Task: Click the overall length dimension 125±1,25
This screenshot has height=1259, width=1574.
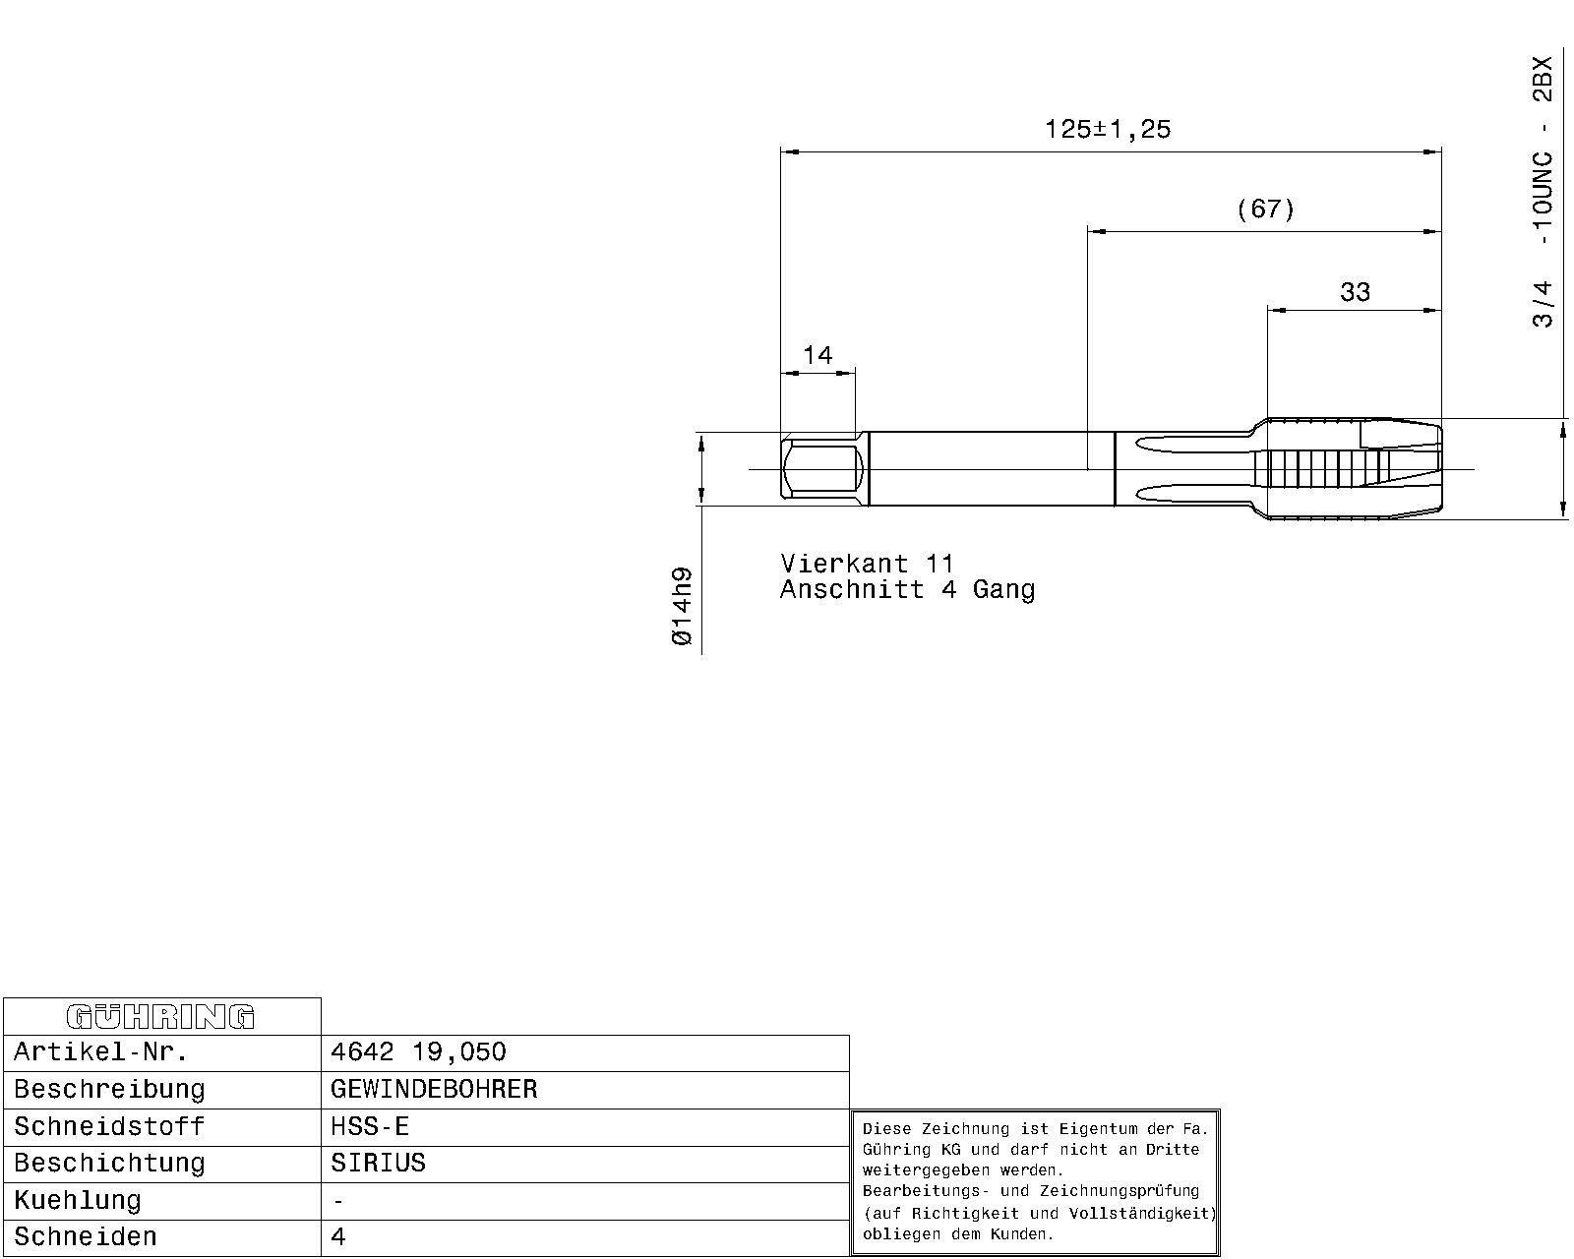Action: (x=1108, y=130)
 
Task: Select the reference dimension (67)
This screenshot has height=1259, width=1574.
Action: (x=1265, y=210)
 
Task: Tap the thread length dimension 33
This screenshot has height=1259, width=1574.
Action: (x=1355, y=292)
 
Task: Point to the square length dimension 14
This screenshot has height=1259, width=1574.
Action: (x=817, y=355)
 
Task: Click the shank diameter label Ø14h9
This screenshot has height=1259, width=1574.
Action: (x=682, y=606)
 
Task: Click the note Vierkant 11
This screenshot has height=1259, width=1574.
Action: (x=867, y=564)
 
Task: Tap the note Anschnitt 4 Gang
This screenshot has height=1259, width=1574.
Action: (x=908, y=589)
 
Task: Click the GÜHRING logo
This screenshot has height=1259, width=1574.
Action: (x=161, y=1017)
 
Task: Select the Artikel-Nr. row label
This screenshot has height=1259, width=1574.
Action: (x=101, y=1052)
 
